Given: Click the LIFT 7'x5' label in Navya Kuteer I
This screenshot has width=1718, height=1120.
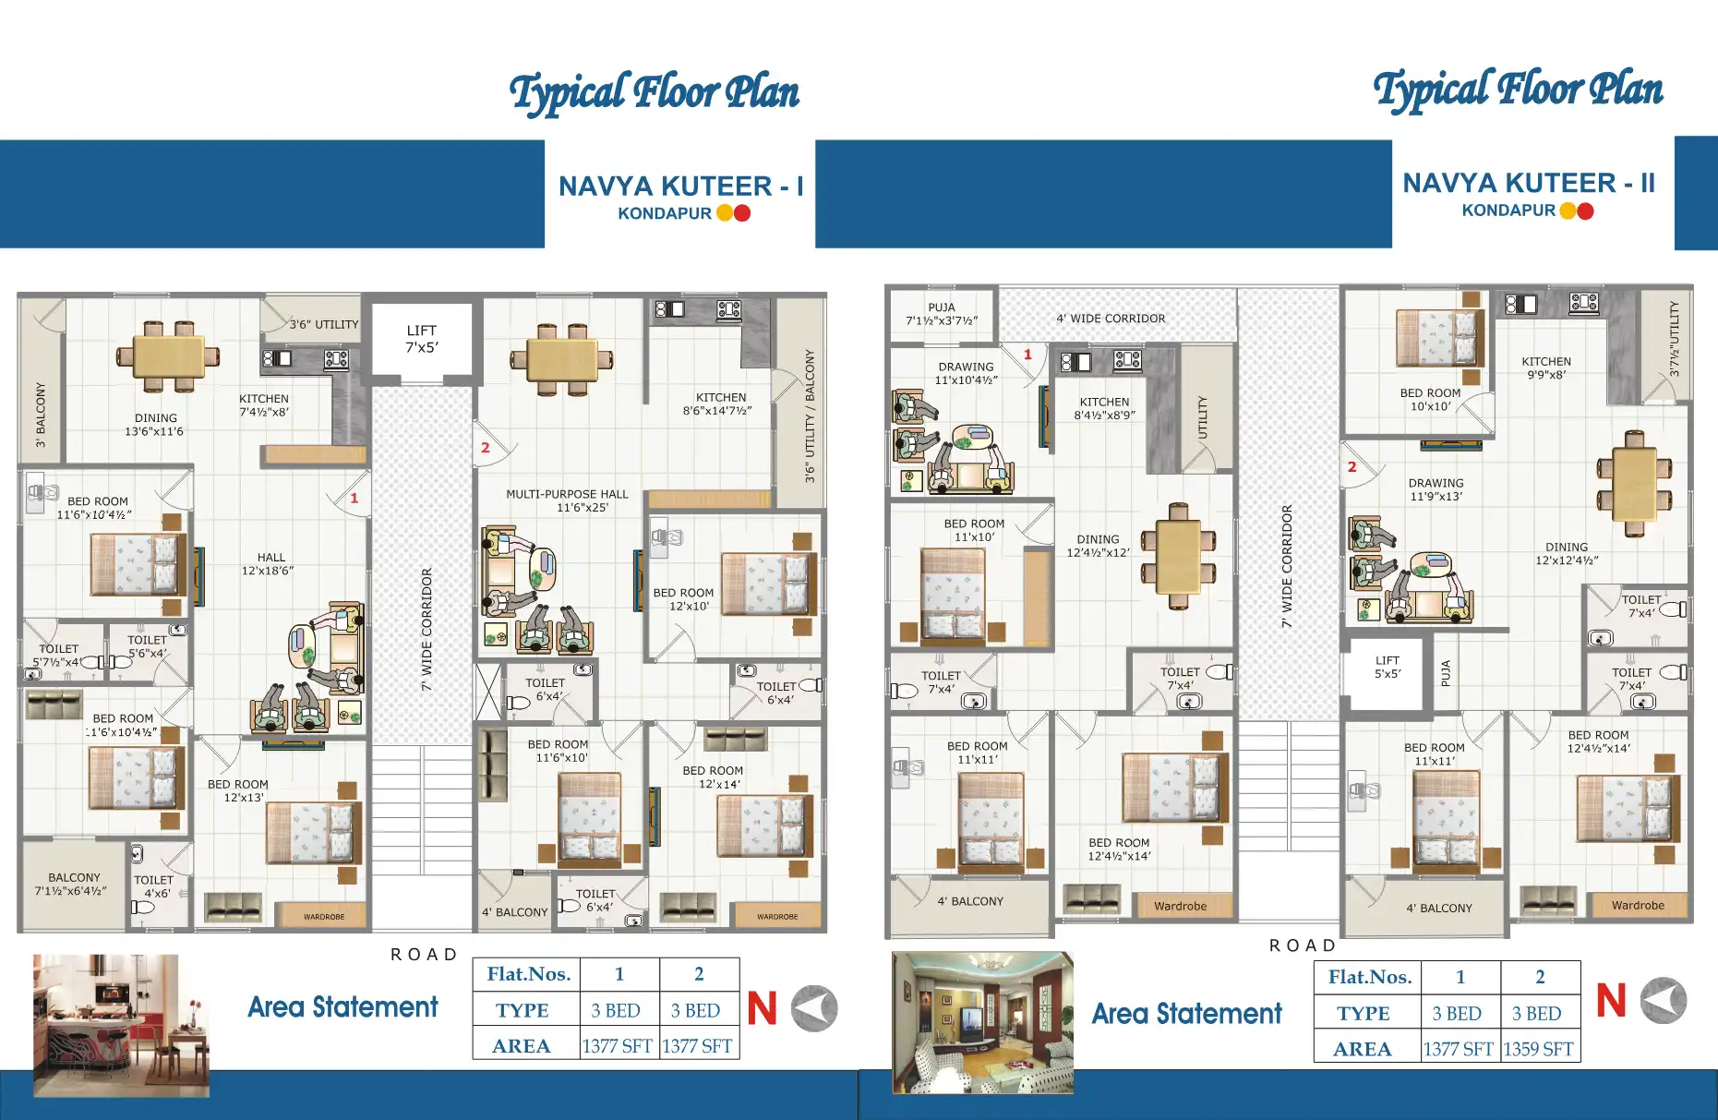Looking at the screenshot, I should (x=422, y=339).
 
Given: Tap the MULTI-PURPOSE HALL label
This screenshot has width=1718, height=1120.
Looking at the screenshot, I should (x=567, y=500).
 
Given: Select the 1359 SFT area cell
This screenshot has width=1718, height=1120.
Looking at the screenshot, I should (x=1538, y=1049).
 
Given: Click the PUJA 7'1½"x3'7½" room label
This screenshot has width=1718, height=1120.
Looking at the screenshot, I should (x=942, y=314).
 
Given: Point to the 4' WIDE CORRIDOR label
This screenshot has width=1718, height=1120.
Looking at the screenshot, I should (x=1111, y=319).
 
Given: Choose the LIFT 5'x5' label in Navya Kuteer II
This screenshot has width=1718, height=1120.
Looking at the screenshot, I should (x=1387, y=667).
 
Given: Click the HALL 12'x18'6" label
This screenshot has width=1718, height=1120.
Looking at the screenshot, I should (x=269, y=563).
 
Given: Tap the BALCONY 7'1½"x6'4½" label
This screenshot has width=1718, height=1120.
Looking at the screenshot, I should (x=73, y=884).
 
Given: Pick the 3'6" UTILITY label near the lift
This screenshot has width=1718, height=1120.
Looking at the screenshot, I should (x=323, y=324).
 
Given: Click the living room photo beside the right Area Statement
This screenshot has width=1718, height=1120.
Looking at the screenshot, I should (x=982, y=1022).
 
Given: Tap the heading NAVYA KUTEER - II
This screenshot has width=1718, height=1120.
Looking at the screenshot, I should (x=1528, y=183).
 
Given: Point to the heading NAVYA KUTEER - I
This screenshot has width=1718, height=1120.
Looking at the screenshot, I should (x=680, y=187).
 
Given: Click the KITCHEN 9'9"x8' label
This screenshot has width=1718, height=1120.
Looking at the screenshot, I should (x=1546, y=368).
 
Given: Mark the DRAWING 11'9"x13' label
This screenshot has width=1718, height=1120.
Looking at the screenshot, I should (x=1436, y=489).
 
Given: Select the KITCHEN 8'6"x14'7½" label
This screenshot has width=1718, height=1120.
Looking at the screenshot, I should (x=719, y=403).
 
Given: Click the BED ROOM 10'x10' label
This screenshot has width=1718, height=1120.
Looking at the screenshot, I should (x=1430, y=399).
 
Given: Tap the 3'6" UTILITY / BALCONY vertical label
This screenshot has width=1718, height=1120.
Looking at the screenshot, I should (x=810, y=415).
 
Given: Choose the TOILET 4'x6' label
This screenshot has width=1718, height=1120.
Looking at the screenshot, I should (x=153, y=886).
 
